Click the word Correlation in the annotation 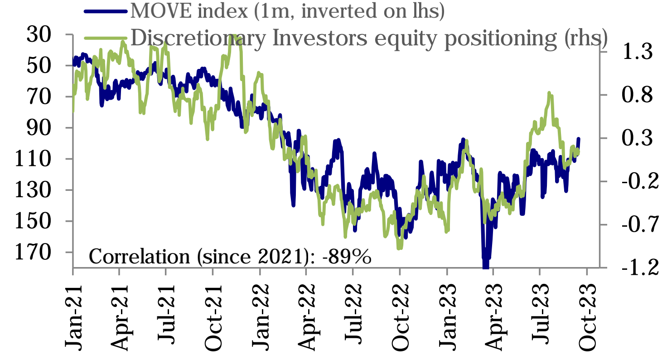pyautogui.click(x=140, y=257)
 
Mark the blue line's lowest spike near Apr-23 pyautogui.click(x=485, y=266)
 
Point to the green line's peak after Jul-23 pyautogui.click(x=549, y=93)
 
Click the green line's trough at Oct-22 pyautogui.click(x=399, y=248)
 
